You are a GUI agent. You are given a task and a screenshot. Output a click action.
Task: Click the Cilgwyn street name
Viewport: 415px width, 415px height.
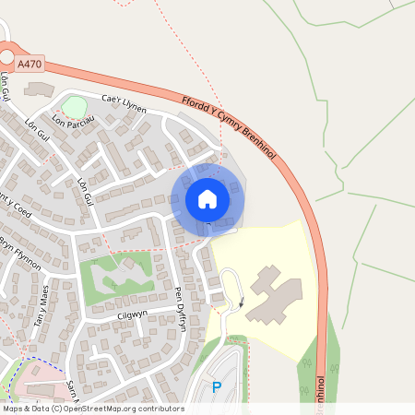[132, 315]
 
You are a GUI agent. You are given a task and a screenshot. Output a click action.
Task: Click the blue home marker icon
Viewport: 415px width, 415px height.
[207, 199]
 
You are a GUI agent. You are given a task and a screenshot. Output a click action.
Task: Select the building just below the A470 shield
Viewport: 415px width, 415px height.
[40, 89]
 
